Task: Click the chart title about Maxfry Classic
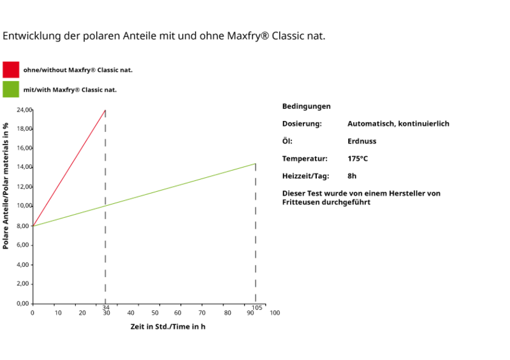tap(165, 37)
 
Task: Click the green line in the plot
tap(178, 185)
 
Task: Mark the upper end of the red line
tap(105, 110)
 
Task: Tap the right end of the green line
tap(256, 164)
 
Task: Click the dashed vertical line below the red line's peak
tap(105, 255)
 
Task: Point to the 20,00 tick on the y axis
tap(23, 110)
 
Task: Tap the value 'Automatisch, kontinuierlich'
tap(400, 124)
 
